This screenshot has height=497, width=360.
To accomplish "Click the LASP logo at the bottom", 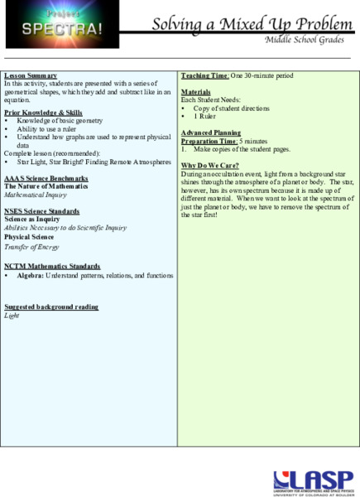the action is pyautogui.click(x=310, y=480).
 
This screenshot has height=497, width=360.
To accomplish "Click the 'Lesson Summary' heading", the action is pyautogui.click(x=31, y=76).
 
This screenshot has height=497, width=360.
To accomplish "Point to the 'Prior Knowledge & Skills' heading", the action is pyautogui.click(x=43, y=112).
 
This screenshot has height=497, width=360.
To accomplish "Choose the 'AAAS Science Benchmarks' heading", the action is pyautogui.click(x=46, y=178).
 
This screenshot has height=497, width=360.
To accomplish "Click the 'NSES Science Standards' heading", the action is pyautogui.click(x=42, y=211).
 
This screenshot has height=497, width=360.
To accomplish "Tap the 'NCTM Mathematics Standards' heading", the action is pyautogui.click(x=51, y=267).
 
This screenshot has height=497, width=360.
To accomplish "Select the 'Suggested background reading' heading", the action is pyautogui.click(x=51, y=306).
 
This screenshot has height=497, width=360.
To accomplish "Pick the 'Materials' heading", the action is pyautogui.click(x=196, y=92).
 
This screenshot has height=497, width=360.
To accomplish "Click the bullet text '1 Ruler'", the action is pyautogui.click(x=207, y=116).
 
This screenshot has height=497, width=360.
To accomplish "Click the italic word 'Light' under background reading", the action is pyautogui.click(x=12, y=316).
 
